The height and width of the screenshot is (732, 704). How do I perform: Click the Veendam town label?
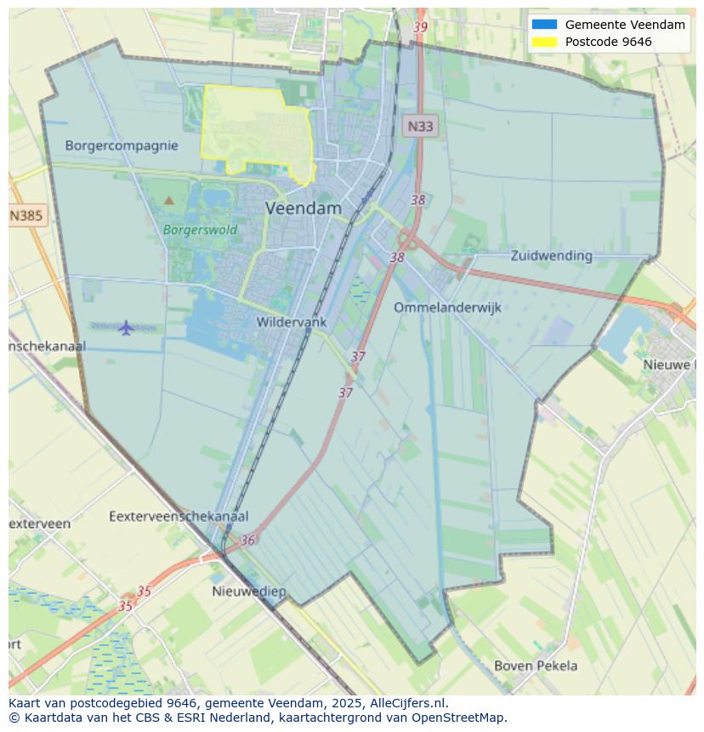(304, 208)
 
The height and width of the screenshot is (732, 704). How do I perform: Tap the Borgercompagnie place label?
(122, 145)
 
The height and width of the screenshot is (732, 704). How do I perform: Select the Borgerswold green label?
(200, 230)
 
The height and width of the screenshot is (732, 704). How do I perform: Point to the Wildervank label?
(292, 322)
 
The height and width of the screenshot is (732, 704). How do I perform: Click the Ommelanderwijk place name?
(447, 308)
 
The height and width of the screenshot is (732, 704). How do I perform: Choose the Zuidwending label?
(551, 255)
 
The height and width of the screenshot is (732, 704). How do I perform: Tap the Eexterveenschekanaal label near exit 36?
(179, 516)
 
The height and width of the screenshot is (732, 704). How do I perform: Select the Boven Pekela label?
(536, 666)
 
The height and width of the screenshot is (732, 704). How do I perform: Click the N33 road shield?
(419, 127)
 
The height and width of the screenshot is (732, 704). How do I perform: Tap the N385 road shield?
(26, 216)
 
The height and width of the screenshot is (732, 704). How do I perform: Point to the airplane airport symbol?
(127, 327)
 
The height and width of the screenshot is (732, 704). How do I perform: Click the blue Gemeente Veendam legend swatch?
(544, 25)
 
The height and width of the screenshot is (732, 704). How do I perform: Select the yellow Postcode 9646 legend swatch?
(544, 42)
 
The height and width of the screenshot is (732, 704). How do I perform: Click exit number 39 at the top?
(420, 27)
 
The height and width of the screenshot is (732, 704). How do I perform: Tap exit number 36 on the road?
(247, 540)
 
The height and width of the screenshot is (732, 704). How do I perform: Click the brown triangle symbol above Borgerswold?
(168, 201)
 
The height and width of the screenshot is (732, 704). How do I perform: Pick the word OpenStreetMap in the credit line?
(460, 718)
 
